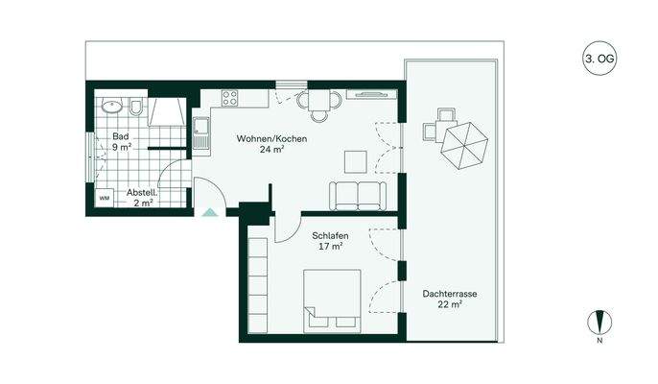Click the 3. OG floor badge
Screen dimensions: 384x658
coord(599,59)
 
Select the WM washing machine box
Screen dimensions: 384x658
coord(105,198)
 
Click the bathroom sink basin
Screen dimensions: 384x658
coord(112,107)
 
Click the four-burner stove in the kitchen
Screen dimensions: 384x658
coord(230,97)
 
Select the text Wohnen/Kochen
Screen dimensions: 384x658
coord(272,139)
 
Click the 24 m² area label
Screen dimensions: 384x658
coord(272,151)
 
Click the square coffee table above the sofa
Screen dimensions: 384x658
coord(356,160)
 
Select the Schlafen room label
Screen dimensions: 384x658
coord(329,235)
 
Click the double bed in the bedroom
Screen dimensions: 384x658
coord(333,300)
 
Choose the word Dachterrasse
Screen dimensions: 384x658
coord(448,293)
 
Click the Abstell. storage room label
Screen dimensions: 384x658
coord(143,192)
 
